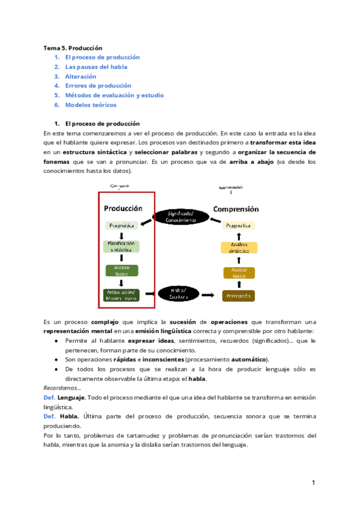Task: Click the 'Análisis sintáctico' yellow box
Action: click(x=239, y=248)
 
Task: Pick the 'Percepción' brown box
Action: click(x=239, y=295)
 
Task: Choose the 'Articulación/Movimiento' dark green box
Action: click(x=122, y=295)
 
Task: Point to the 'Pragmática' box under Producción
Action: click(x=122, y=225)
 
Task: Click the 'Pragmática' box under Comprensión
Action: click(x=239, y=225)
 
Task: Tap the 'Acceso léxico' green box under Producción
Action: click(x=122, y=270)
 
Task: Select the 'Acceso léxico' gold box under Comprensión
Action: click(x=239, y=273)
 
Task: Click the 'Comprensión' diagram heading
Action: click(x=236, y=209)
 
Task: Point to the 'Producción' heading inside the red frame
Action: click(x=123, y=208)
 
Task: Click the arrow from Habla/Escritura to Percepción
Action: click(x=208, y=295)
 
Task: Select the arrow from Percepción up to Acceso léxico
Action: click(x=239, y=285)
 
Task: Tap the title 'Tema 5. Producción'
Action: click(x=73, y=47)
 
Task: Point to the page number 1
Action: click(x=313, y=483)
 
